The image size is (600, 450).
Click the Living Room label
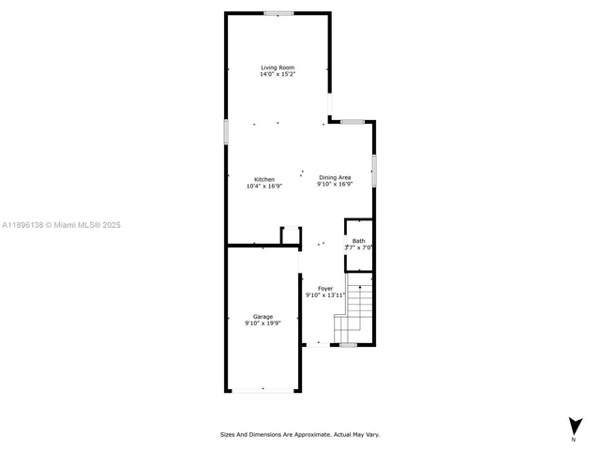pyautogui.click(x=277, y=67)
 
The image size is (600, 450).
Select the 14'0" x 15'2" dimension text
pyautogui.click(x=277, y=75)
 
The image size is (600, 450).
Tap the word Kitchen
pyautogui.click(x=263, y=179)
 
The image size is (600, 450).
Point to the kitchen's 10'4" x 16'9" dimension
pyautogui.click(x=263, y=186)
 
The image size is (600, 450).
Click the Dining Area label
pyautogui.click(x=335, y=177)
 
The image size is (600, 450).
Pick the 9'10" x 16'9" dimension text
pyautogui.click(x=335, y=184)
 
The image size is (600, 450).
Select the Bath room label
pyautogui.click(x=359, y=241)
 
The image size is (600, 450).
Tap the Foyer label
pyautogui.click(x=325, y=288)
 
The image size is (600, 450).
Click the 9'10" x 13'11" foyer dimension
pyautogui.click(x=325, y=295)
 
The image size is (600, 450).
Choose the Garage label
pyautogui.click(x=262, y=316)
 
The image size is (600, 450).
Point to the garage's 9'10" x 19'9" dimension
pyautogui.click(x=262, y=323)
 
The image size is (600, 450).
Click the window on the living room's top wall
pyautogui.click(x=277, y=13)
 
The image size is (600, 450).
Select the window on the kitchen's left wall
pyautogui.click(x=226, y=131)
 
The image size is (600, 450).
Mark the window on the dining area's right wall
pyautogui.click(x=374, y=172)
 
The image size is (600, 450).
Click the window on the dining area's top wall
pyautogui.click(x=352, y=122)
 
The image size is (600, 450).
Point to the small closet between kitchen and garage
pyautogui.click(x=291, y=235)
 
